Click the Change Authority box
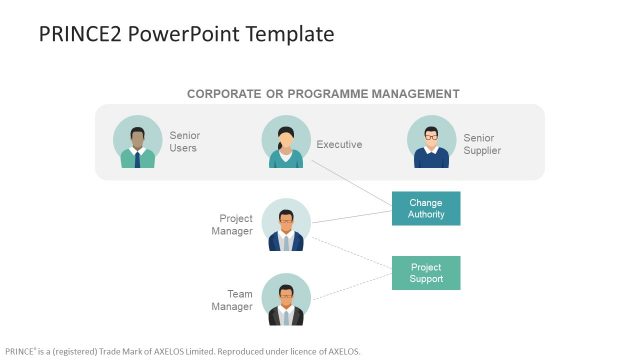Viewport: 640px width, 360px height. pyautogui.click(x=426, y=208)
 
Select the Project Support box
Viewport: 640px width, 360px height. pyautogui.click(x=426, y=273)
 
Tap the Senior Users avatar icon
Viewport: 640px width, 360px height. pyautogui.click(x=138, y=142)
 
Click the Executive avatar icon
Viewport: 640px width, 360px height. pyautogui.click(x=286, y=142)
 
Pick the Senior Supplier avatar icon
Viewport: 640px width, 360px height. pyautogui.click(x=432, y=142)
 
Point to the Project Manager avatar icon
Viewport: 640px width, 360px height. pyautogui.click(x=286, y=224)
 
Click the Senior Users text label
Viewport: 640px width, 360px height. pyautogui.click(x=184, y=142)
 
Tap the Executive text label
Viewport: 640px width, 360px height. pyautogui.click(x=339, y=144)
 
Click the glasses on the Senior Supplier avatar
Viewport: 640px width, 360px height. pyautogui.click(x=432, y=134)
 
